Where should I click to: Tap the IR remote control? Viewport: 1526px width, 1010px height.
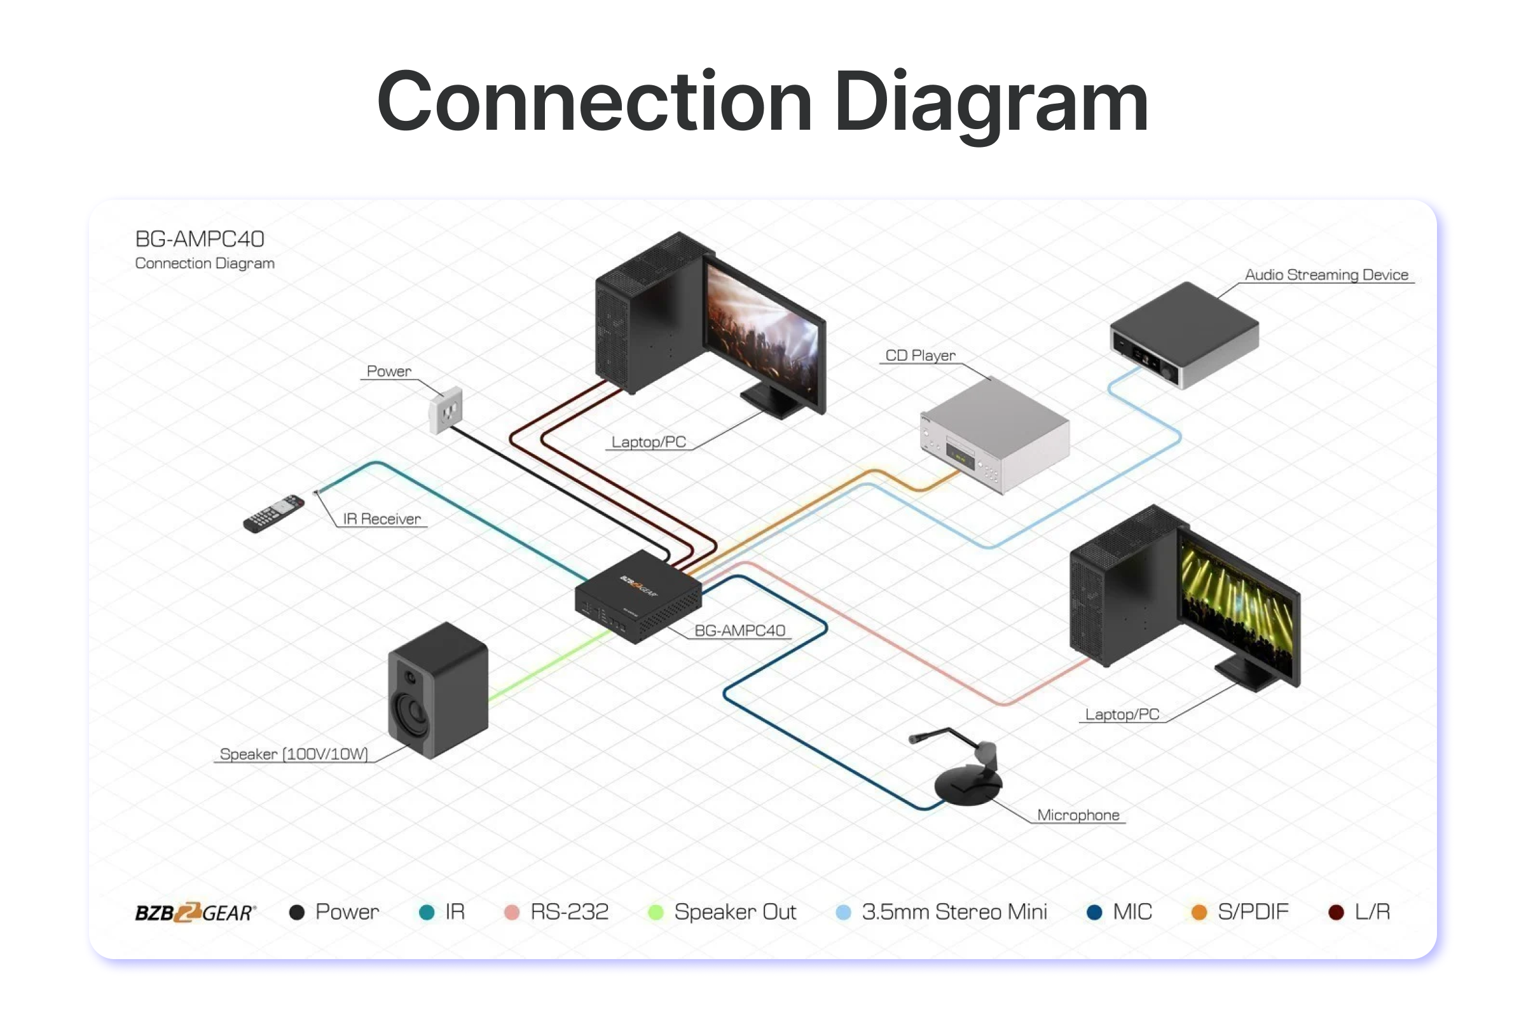tap(273, 513)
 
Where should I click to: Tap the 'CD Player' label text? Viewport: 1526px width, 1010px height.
tap(919, 356)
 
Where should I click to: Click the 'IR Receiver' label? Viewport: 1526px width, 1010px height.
tap(382, 519)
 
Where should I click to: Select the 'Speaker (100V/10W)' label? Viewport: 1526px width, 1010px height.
tap(294, 754)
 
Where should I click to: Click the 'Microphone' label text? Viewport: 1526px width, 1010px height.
tap(1078, 815)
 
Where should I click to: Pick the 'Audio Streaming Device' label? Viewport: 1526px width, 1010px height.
tap(1326, 275)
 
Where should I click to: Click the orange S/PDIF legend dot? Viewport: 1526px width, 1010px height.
tap(1199, 912)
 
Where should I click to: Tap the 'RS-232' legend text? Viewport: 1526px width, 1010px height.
tap(569, 912)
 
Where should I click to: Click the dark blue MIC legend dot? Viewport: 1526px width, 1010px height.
tap(1094, 912)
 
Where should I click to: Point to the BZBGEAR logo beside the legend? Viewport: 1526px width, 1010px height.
tap(195, 912)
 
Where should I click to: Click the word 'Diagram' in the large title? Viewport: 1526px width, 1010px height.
tap(991, 103)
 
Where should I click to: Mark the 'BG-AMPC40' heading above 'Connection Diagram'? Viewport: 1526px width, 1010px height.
tap(200, 239)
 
